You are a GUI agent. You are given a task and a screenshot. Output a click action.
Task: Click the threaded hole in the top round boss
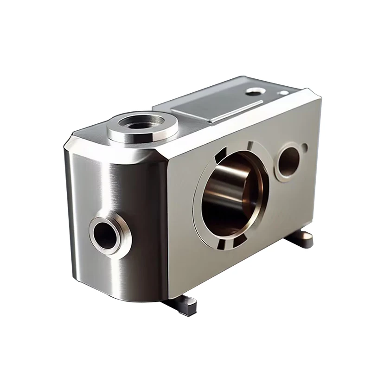pos(142,123)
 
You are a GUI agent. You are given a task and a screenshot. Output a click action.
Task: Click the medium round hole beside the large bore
pos(288,160)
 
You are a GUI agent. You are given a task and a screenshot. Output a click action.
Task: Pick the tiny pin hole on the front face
pos(304,148)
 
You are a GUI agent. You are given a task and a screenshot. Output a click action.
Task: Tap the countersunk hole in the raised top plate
pos(254,92)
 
